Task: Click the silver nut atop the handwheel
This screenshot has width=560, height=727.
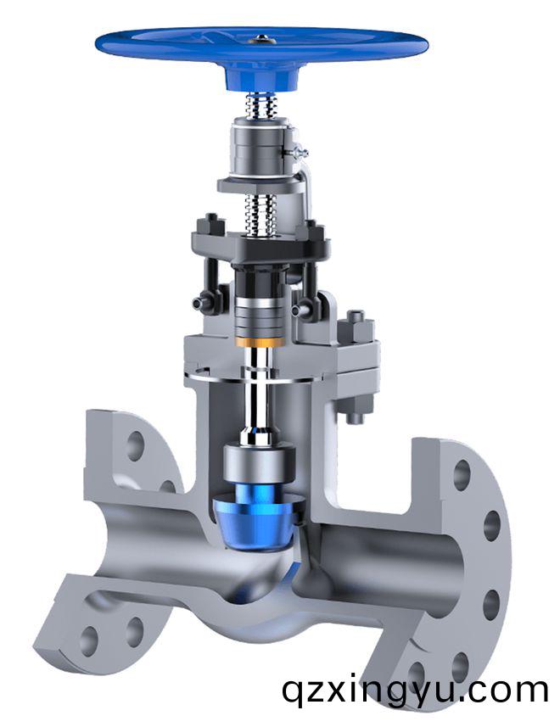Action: pos(262,39)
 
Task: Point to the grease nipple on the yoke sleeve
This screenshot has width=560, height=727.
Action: pos(298,151)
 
